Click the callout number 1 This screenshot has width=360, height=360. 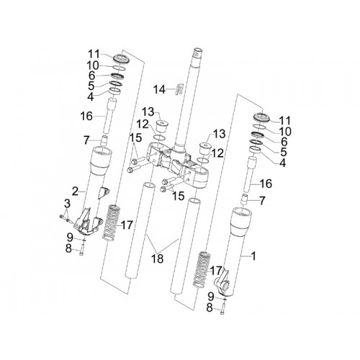[253, 256]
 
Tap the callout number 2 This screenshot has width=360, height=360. [76, 191]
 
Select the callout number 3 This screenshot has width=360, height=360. [68, 204]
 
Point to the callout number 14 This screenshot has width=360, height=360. [160, 90]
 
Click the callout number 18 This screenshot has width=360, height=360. [157, 258]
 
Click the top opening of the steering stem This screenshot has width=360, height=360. [198, 51]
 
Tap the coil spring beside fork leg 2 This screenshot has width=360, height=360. [111, 222]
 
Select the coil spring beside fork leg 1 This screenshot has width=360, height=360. [202, 269]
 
